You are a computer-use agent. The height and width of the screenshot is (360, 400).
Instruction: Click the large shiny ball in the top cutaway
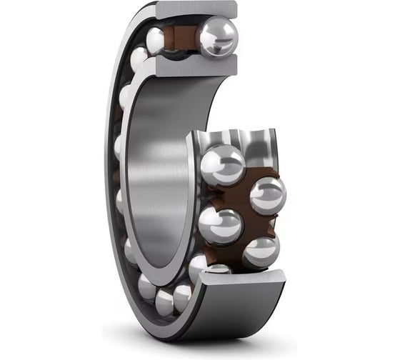point(217,36)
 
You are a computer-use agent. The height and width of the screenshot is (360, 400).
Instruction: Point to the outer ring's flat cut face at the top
point(197,9)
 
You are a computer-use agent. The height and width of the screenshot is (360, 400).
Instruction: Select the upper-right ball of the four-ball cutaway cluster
point(267,194)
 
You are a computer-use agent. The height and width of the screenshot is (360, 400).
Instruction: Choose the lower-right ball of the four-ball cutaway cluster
point(261,251)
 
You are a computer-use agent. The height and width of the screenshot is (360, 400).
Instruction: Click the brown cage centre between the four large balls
point(243,207)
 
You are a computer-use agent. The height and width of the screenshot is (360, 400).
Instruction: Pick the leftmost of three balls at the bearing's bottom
point(146,286)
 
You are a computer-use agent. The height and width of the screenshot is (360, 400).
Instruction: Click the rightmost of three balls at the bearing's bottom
point(183,294)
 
